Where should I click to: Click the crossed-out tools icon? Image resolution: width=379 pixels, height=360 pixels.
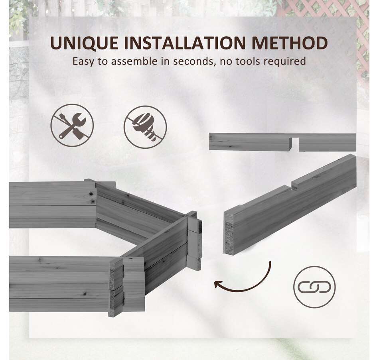pos(72,126)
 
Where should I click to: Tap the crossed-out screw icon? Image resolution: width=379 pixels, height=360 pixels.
pos(145,127)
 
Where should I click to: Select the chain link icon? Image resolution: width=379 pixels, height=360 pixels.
pos(314,287)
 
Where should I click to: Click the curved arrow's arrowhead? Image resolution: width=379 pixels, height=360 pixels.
pos(218,284)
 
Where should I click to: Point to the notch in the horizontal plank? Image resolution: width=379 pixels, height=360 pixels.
pos(294,144)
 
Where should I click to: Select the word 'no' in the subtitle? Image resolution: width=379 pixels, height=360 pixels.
pos(226,63)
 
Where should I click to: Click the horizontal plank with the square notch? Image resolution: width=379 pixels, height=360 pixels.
pos(282,142)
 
